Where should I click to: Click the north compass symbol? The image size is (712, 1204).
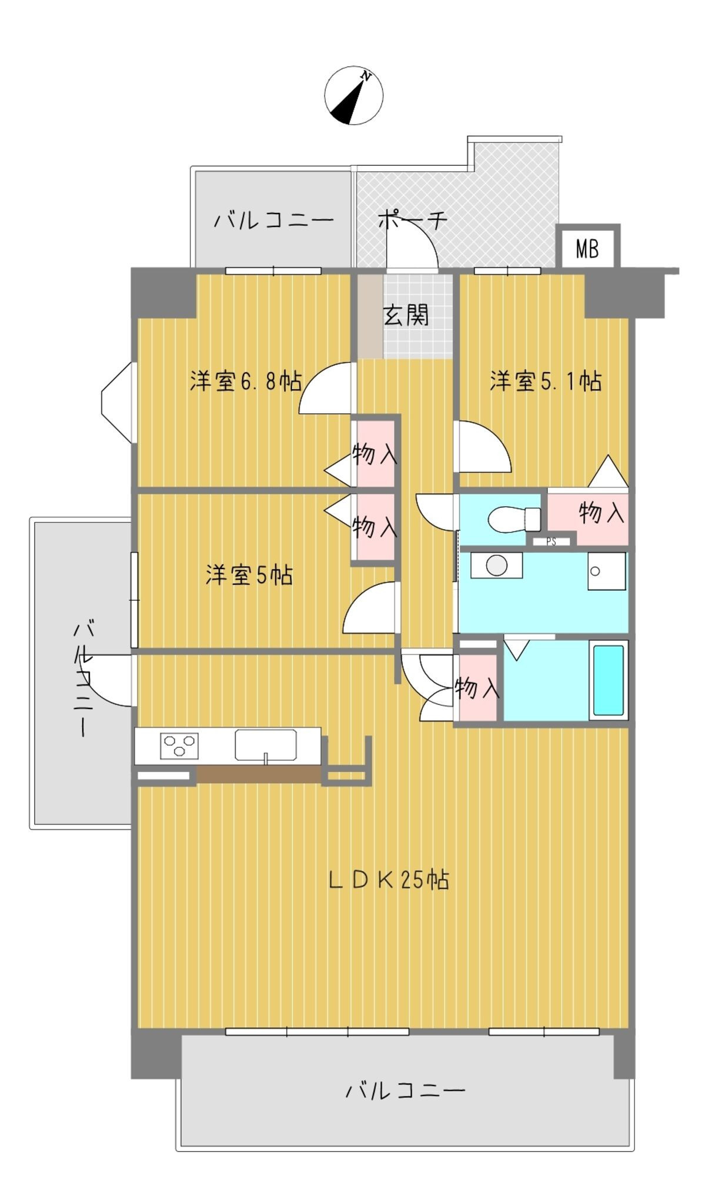[353, 95]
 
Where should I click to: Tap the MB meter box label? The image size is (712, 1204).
[587, 249]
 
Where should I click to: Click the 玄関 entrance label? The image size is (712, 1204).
[406, 315]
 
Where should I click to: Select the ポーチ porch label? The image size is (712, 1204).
[412, 220]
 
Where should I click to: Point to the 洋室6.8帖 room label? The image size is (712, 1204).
[246, 381]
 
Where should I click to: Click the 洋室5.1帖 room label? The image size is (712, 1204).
[546, 381]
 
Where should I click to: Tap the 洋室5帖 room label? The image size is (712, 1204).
[249, 574]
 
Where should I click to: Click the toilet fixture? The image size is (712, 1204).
[514, 519]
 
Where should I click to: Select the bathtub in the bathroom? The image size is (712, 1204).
[608, 680]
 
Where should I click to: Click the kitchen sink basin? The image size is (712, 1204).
[266, 745]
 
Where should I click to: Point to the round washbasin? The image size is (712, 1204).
[497, 566]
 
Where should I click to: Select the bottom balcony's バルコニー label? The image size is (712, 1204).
[405, 1091]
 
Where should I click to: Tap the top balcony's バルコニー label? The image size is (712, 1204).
[273, 220]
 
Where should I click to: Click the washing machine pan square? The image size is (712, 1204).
[607, 571]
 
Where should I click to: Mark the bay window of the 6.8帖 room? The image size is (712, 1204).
[118, 403]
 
